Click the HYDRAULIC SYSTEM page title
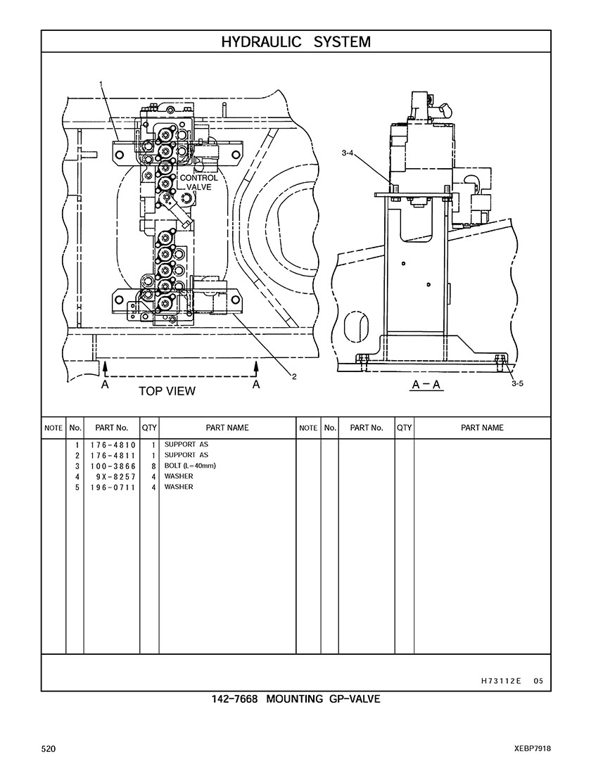coord(295,42)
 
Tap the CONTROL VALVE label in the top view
coord(199,182)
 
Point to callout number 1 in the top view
coord(101,84)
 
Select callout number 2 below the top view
coord(294,376)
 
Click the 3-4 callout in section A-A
coord(348,153)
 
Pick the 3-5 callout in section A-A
coord(517,383)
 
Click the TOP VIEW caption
coord(167,391)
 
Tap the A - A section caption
coord(426,385)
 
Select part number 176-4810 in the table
coord(113,445)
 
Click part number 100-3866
coord(113,466)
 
